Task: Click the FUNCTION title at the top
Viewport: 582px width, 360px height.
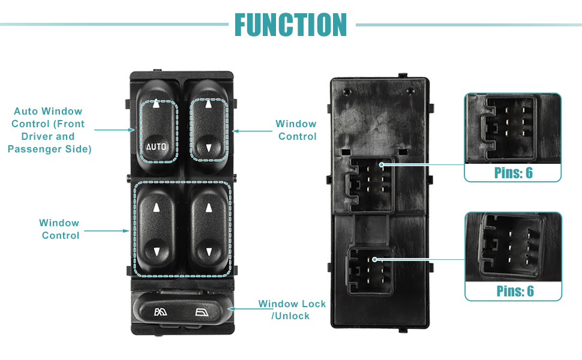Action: point(290,25)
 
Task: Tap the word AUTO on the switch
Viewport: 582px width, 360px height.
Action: point(157,146)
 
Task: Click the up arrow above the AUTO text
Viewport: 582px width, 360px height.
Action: point(156,103)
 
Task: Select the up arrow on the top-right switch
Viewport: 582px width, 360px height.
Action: point(209,104)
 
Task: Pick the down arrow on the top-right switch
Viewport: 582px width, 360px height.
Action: point(209,147)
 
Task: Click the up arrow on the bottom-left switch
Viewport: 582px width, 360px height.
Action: point(156,208)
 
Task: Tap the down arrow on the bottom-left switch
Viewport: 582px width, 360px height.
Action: point(156,252)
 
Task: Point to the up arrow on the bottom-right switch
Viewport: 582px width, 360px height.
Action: point(209,208)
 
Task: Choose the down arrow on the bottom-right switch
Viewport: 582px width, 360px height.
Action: point(209,252)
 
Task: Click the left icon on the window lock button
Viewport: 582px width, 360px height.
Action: point(161,311)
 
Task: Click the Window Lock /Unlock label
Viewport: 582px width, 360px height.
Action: point(292,310)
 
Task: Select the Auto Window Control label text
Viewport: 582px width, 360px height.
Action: point(49,130)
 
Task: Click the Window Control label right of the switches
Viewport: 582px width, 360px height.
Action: point(296,130)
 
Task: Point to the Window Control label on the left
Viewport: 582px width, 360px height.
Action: point(60,229)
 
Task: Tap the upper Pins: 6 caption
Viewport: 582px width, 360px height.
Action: point(513,173)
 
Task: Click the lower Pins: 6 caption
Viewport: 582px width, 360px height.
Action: point(515,292)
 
